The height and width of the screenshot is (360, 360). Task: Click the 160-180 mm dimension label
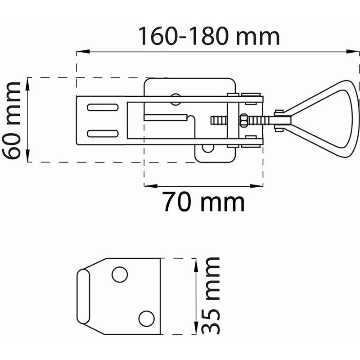click(x=209, y=36)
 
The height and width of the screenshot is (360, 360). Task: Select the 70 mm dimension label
click(x=203, y=202)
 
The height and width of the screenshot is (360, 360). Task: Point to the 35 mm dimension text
click(x=211, y=296)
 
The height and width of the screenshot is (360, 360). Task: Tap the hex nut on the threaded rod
click(x=243, y=120)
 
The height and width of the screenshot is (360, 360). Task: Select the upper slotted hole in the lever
click(x=103, y=107)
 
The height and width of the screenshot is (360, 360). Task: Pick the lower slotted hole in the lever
click(x=103, y=133)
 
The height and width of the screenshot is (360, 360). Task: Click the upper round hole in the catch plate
click(x=120, y=274)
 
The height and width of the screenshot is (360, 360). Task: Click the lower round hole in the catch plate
click(x=147, y=319)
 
